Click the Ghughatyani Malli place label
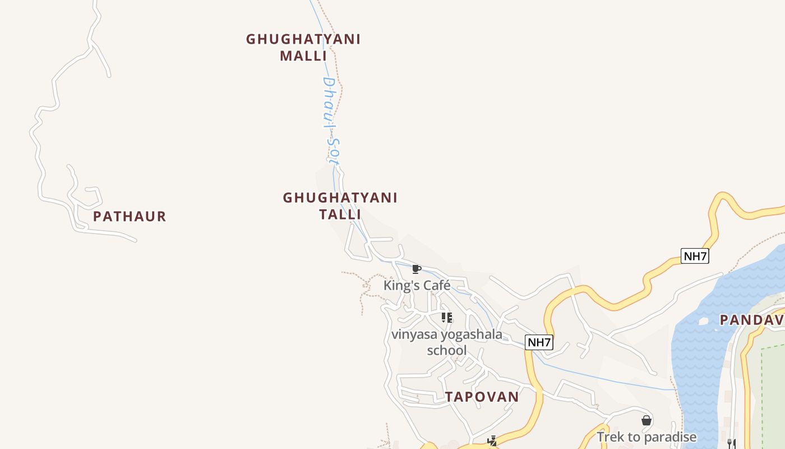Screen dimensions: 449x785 point(303,47)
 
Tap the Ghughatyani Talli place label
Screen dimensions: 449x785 point(340,205)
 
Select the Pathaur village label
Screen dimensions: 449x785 point(130,216)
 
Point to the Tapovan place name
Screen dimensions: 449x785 point(482,397)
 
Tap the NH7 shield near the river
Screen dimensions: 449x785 point(695,256)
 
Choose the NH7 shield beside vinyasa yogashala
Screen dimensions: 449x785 point(539,342)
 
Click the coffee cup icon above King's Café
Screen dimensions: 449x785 point(416,269)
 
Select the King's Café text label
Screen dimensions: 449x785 point(417,286)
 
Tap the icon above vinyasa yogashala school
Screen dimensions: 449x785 point(446,318)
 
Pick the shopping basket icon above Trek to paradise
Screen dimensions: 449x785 point(646,420)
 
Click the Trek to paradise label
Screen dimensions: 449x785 point(646,437)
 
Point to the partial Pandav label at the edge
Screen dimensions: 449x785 point(751,320)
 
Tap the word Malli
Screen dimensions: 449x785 point(303,56)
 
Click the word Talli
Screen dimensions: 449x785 point(340,214)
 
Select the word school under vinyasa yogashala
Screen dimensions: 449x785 point(446,350)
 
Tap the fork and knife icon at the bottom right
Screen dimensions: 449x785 point(731,443)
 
